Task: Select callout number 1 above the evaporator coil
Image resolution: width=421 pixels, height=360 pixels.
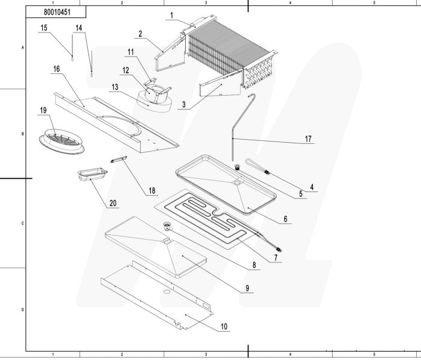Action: [x=171, y=15]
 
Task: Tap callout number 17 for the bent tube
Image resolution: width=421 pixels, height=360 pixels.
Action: [x=308, y=139]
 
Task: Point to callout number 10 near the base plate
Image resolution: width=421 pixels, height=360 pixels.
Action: [x=224, y=327]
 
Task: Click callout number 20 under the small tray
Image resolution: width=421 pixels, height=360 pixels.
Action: [x=112, y=203]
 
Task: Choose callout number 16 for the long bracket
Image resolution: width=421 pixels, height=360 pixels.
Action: [x=56, y=70]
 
